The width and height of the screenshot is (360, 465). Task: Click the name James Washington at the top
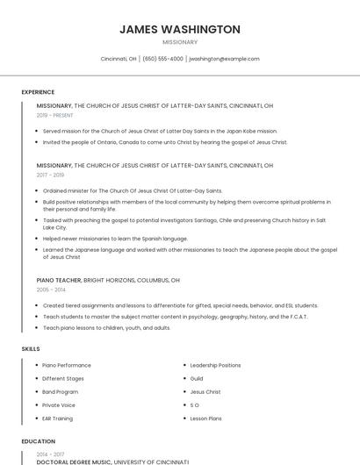pyautogui.click(x=180, y=29)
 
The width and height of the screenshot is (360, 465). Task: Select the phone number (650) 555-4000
pyautogui.click(x=162, y=59)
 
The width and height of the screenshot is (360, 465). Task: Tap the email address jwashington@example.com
pyautogui.click(x=224, y=59)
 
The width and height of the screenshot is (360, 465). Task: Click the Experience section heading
pyautogui.click(x=38, y=92)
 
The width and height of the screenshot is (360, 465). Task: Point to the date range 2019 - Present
pyautogui.click(x=54, y=115)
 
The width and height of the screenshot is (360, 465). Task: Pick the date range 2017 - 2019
pyautogui.click(x=50, y=175)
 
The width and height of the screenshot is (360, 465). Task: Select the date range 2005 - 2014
pyautogui.click(x=51, y=290)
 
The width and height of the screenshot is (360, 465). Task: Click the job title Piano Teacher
pyautogui.click(x=58, y=280)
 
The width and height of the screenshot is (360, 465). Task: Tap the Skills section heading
pyautogui.click(x=31, y=349)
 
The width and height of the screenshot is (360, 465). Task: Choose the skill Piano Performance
pyautogui.click(x=67, y=365)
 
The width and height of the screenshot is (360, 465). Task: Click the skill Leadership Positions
pyautogui.click(x=215, y=365)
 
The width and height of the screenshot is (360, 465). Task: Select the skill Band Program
pyautogui.click(x=61, y=391)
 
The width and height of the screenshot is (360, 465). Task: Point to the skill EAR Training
pyautogui.click(x=58, y=418)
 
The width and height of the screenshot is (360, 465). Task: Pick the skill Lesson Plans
pyautogui.click(x=206, y=418)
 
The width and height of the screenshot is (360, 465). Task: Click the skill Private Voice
pyautogui.click(x=59, y=405)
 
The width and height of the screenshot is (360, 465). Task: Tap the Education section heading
pyautogui.click(x=38, y=441)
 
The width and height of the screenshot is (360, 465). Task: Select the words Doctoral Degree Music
pyautogui.click(x=74, y=461)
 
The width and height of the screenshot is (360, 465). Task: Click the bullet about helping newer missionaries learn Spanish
pyautogui.click(x=115, y=238)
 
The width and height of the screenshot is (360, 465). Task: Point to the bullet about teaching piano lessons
pyautogui.click(x=106, y=328)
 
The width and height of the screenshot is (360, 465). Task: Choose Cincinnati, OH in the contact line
pyautogui.click(x=119, y=59)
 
